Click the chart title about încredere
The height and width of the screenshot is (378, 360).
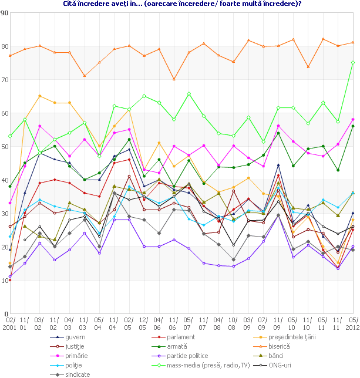[x=181, y=4]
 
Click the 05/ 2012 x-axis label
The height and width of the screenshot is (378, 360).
[x=352, y=322]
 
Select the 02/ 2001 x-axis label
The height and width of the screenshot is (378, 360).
[x=10, y=322]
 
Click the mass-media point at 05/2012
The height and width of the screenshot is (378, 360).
[x=352, y=62]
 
